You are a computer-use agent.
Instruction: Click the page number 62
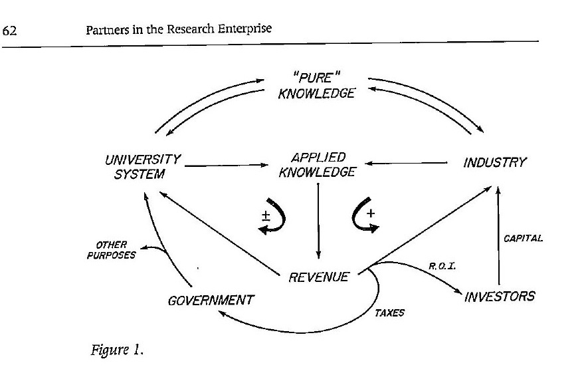pyautogui.click(x=11, y=30)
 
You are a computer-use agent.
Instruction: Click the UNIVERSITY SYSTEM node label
pyautogui.click(x=142, y=166)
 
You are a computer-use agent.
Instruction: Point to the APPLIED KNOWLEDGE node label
pyautogui.click(x=319, y=165)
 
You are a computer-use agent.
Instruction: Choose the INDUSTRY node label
pyautogui.click(x=494, y=162)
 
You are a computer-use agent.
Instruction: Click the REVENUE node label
pyautogui.click(x=319, y=277)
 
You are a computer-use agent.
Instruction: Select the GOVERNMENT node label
pyautogui.click(x=211, y=300)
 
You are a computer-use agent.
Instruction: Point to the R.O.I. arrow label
pyautogui.click(x=440, y=266)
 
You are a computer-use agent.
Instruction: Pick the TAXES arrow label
pyautogui.click(x=390, y=313)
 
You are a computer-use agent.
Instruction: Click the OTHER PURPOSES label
pyautogui.click(x=111, y=249)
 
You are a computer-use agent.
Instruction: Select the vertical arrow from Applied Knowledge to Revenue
pyautogui.click(x=320, y=219)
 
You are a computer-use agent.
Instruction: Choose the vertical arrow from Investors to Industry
pyautogui.click(x=498, y=233)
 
